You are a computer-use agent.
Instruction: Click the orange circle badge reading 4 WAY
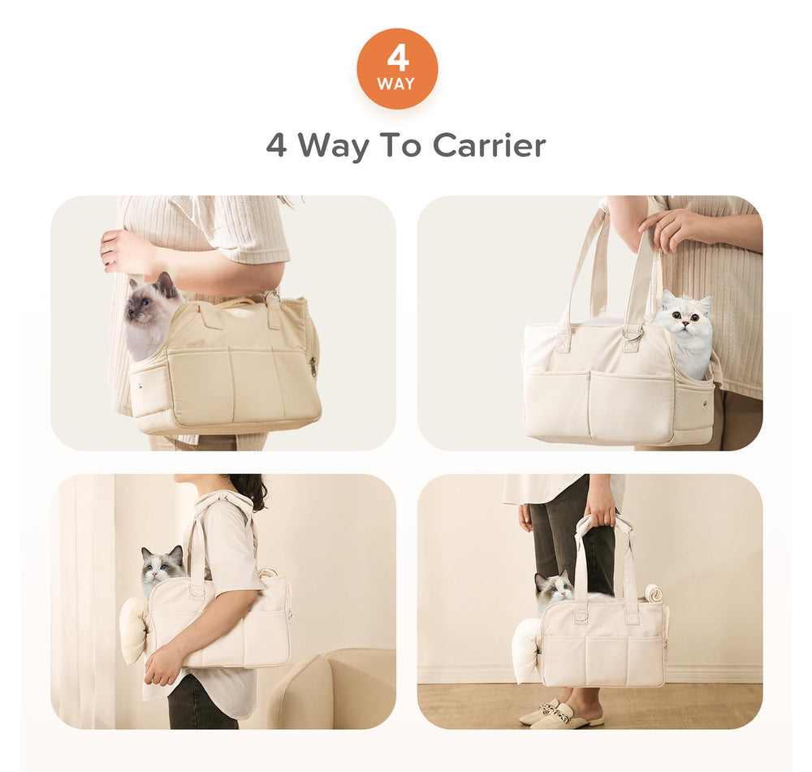[397, 68]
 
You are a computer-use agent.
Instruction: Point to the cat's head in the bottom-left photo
[162, 566]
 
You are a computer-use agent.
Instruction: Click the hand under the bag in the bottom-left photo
[162, 668]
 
